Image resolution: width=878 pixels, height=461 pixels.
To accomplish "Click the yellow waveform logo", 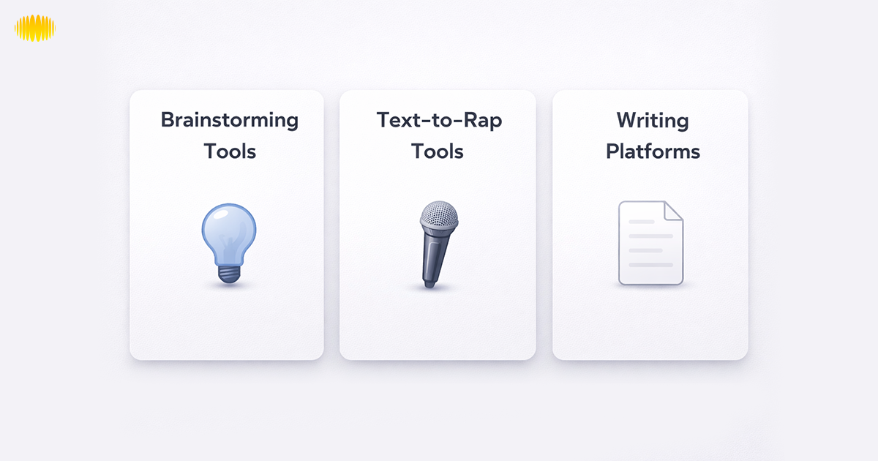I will (35, 29).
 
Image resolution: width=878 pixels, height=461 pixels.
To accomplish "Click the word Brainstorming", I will (229, 121).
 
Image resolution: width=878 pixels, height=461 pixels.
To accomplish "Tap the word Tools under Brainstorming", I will (230, 151).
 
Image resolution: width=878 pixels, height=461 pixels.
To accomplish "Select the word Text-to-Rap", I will (439, 121).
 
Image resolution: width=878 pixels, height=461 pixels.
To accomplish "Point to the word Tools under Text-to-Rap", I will (438, 151).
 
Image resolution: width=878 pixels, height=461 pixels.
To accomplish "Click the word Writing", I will (653, 121).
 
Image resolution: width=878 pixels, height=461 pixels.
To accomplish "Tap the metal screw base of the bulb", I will (229, 273).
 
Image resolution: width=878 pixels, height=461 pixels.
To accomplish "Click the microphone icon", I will (437, 245).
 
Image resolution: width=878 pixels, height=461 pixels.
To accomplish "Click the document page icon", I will (650, 243).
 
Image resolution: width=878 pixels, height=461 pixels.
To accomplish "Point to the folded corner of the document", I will (674, 211).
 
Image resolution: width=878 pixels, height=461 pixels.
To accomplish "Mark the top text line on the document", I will (642, 222).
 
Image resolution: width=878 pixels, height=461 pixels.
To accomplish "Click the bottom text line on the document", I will (650, 265).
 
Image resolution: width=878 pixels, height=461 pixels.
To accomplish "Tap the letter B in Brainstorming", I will (168, 119).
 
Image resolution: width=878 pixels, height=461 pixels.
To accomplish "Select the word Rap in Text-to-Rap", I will (484, 121).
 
